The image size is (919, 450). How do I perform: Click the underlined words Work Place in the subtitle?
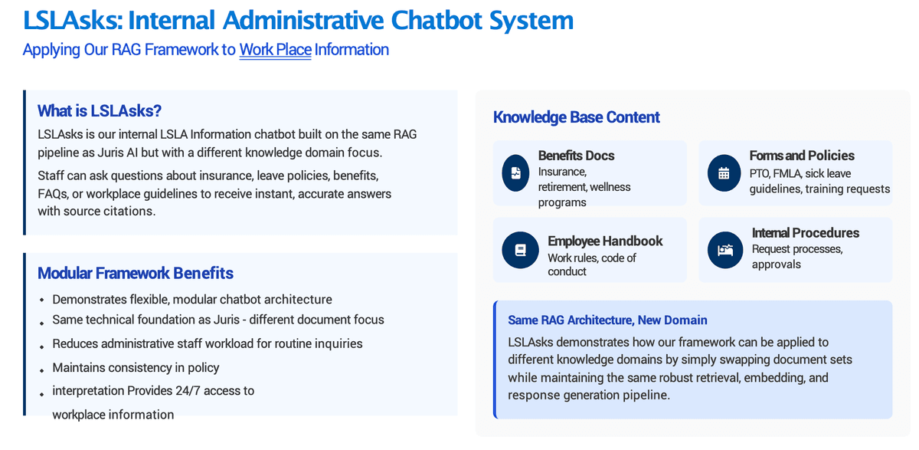[275, 50]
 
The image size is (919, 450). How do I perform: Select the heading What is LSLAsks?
[100, 111]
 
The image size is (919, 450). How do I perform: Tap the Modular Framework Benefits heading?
[136, 273]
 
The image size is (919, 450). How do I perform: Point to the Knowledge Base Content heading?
[577, 117]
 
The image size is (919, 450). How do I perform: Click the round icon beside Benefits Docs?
[515, 172]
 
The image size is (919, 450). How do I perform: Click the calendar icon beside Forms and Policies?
[724, 172]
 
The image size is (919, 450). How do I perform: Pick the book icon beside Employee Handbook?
[520, 250]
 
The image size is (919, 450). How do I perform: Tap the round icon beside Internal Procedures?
[725, 250]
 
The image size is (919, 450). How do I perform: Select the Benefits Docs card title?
[576, 156]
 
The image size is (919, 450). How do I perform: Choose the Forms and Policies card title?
[802, 156]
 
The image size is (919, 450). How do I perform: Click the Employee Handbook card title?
[605, 241]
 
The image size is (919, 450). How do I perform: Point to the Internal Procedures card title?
[806, 233]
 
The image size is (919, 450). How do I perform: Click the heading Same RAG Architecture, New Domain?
[607, 320]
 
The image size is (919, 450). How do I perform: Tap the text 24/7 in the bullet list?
[188, 390]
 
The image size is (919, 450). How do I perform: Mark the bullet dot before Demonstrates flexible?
[42, 301]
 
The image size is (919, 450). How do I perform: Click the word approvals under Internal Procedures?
[777, 264]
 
